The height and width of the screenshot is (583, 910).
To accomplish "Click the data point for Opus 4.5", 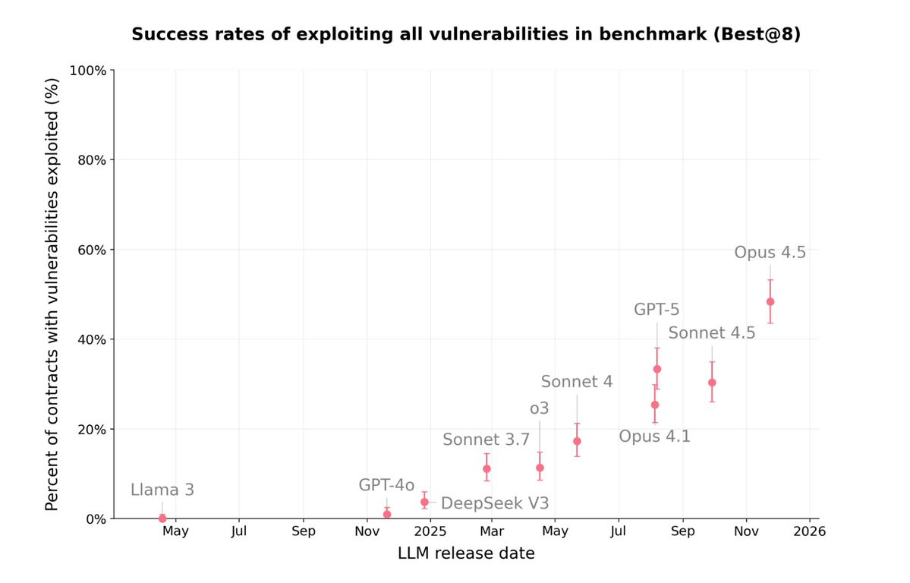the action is (770, 302).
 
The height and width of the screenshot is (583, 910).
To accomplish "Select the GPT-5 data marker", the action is (657, 370).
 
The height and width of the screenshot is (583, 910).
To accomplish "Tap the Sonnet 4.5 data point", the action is (712, 383).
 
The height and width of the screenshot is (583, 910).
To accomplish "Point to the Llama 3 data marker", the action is (162, 518).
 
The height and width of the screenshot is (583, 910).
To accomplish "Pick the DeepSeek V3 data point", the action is (425, 502).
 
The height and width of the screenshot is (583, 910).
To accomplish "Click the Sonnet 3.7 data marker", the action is (487, 468).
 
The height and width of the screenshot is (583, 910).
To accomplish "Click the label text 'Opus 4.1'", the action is (655, 436).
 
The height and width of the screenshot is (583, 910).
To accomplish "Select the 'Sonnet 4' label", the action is (577, 382).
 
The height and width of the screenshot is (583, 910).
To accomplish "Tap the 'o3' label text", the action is (539, 409).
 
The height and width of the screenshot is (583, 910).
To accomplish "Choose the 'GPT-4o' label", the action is (386, 485).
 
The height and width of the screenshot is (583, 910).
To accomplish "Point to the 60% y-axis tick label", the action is (92, 250).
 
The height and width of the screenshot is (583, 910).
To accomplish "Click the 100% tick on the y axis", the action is (88, 71).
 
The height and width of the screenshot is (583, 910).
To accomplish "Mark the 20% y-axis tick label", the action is (92, 429).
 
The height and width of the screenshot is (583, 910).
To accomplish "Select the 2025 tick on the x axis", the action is (430, 531).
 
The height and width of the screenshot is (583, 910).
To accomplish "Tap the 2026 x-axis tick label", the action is (810, 531).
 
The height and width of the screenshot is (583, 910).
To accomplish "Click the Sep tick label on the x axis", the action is (304, 531).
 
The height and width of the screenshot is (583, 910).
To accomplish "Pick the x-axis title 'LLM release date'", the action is (466, 553).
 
